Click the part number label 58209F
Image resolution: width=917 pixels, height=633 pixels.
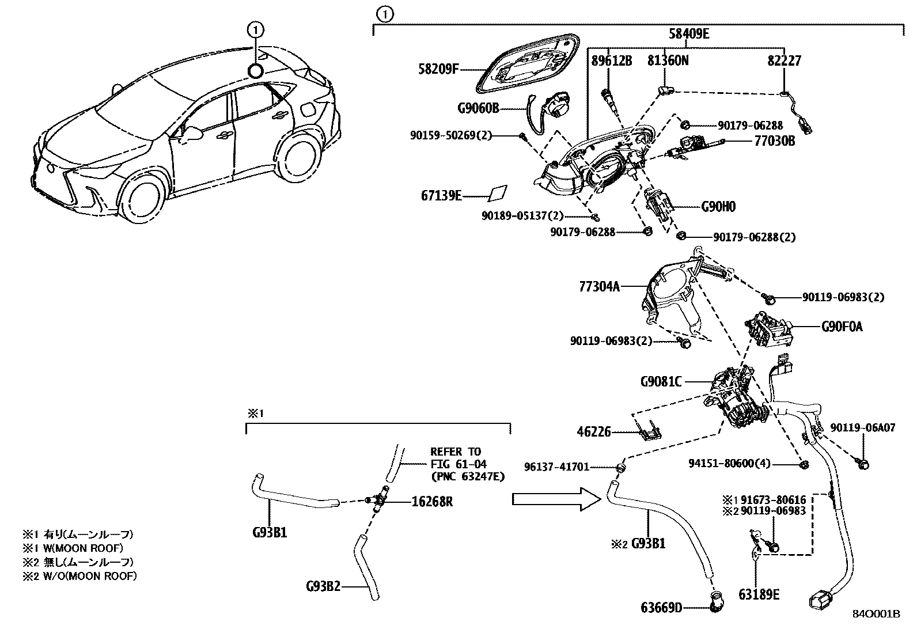click(x=438, y=70)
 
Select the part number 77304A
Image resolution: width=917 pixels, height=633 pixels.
click(x=599, y=286)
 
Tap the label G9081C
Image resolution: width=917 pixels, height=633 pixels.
click(x=660, y=381)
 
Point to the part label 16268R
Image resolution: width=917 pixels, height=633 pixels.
click(x=432, y=502)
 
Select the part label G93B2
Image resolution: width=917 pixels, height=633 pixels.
click(x=323, y=587)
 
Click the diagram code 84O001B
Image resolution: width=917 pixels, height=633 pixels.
click(x=876, y=614)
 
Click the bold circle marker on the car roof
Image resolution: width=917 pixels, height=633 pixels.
click(x=256, y=70)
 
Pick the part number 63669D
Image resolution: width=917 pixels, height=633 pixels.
click(x=661, y=607)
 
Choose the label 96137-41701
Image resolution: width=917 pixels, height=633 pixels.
click(x=556, y=467)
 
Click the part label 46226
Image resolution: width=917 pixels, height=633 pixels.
click(x=594, y=431)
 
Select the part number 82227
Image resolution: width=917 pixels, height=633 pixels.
click(x=784, y=60)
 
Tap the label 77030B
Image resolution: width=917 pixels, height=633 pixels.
click(x=775, y=140)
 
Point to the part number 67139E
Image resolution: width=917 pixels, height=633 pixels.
click(x=441, y=196)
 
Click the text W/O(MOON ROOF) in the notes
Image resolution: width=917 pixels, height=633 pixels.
click(x=89, y=575)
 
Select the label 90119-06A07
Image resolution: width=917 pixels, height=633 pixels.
click(x=862, y=428)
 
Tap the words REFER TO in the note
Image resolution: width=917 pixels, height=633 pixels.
click(x=455, y=452)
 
